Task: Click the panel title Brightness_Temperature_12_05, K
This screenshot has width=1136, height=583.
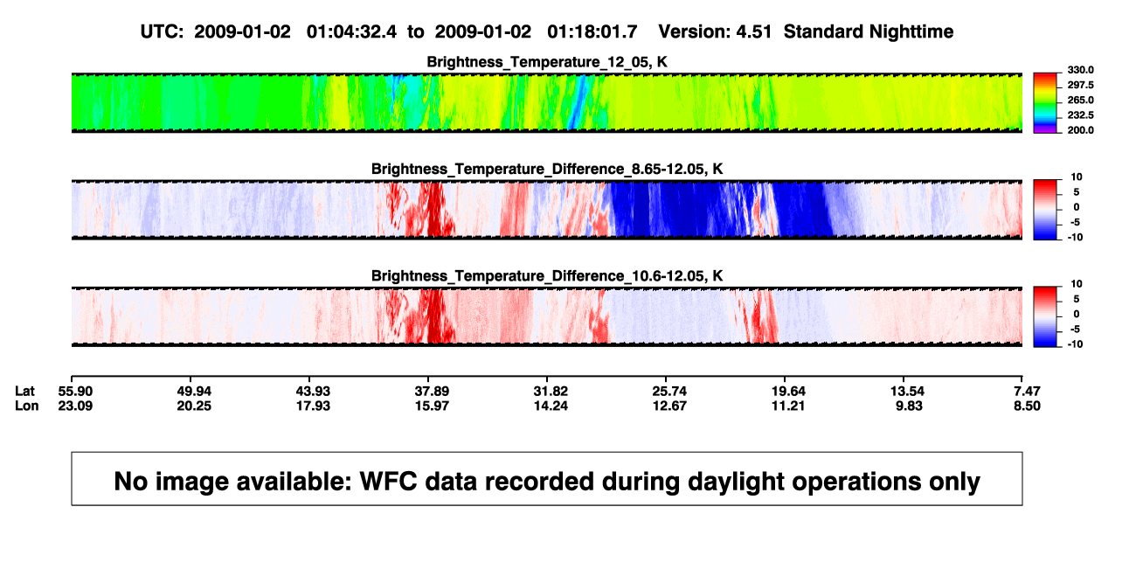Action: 547,62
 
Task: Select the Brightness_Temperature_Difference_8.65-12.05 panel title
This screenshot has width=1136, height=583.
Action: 547,169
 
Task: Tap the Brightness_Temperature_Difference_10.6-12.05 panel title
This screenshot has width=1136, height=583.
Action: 547,276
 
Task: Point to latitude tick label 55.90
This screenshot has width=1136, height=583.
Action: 75,392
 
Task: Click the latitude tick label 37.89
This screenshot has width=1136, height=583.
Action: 432,392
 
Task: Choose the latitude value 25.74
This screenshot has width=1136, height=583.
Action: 669,392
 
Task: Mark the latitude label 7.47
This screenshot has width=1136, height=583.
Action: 1027,392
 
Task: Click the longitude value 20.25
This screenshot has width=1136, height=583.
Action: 194,406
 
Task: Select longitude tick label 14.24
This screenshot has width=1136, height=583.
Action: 551,406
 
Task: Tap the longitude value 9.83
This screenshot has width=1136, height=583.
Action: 909,406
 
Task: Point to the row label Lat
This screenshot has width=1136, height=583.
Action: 24,392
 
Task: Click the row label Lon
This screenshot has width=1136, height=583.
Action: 27,406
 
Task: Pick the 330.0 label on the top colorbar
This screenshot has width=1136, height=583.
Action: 1080,70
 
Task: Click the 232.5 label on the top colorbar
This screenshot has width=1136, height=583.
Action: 1080,115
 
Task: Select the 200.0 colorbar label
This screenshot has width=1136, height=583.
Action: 1080,130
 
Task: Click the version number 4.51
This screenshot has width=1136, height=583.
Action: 753,32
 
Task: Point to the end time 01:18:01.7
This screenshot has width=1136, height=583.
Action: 592,32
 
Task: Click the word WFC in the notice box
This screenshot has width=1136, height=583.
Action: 388,482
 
